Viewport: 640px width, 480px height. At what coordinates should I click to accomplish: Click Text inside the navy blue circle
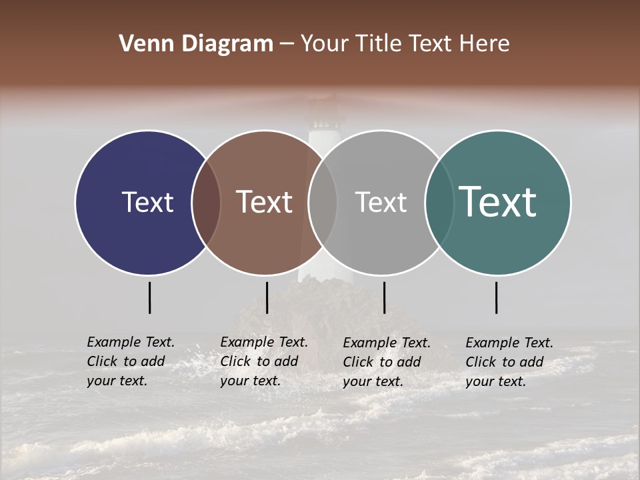coord(147,203)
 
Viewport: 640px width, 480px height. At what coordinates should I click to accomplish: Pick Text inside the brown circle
coord(265,202)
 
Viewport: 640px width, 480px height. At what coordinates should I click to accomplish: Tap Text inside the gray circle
coord(381,203)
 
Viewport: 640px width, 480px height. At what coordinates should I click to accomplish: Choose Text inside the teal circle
coord(498,202)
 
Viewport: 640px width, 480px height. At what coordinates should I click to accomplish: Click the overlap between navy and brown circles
coord(206,203)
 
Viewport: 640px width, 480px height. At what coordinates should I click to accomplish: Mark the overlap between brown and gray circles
coord(323,203)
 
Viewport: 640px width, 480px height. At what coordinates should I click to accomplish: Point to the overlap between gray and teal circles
coord(439,203)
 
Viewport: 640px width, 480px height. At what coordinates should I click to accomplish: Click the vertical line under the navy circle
coord(149,297)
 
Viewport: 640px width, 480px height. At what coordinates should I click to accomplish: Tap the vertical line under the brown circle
coord(267,297)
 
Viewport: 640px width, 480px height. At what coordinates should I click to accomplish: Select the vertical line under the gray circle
coord(384,297)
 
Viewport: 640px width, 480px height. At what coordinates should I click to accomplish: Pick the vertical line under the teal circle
coord(496,297)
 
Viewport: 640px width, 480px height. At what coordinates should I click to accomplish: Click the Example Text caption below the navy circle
coord(131,361)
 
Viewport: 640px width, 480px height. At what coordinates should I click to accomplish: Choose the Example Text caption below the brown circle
coord(264,361)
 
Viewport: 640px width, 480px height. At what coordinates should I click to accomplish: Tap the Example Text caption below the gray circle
coord(387,362)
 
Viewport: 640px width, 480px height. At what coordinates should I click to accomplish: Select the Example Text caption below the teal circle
coord(509,362)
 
